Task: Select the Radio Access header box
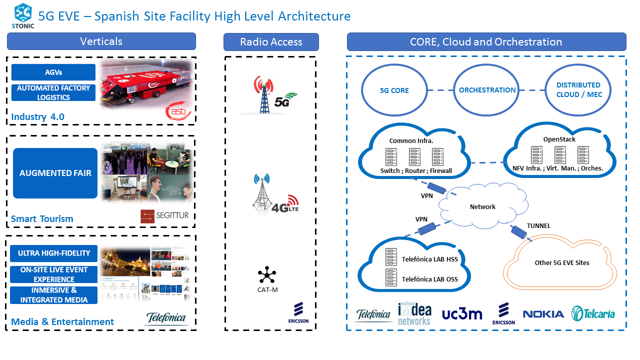pyautogui.click(x=271, y=42)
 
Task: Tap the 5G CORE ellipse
pyautogui.click(x=394, y=90)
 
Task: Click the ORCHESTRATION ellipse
pyautogui.click(x=487, y=90)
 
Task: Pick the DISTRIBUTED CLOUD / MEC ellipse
pyautogui.click(x=578, y=90)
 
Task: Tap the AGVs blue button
pyautogui.click(x=53, y=72)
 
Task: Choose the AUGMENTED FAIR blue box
pyautogui.click(x=55, y=173)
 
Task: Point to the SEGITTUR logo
pyautogui.click(x=165, y=216)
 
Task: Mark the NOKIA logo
pyautogui.click(x=543, y=314)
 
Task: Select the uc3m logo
pyautogui.click(x=462, y=314)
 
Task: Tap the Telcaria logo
pyautogui.click(x=593, y=313)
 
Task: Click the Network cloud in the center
pyautogui.click(x=482, y=206)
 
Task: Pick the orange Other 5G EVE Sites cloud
pyautogui.click(x=562, y=263)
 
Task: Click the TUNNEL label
pyautogui.click(x=538, y=226)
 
